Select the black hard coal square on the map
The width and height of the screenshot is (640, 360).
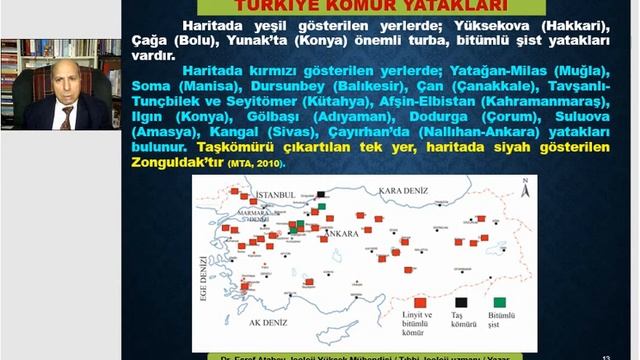point(321,194)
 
